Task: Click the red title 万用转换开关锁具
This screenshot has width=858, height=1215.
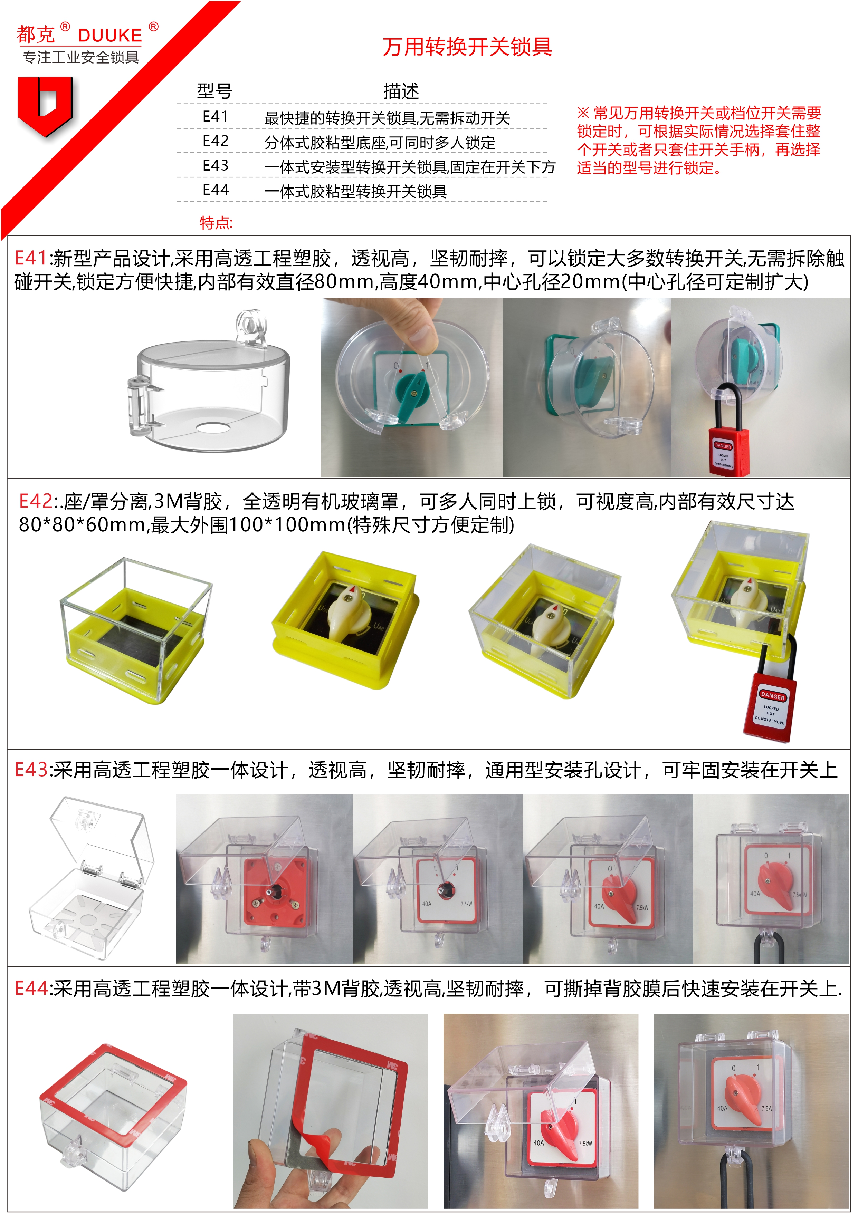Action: point(467,47)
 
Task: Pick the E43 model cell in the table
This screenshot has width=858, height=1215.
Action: point(216,166)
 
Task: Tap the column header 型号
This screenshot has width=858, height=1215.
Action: point(214,91)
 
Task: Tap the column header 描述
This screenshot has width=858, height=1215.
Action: point(401,91)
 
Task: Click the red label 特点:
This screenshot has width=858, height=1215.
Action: point(216,223)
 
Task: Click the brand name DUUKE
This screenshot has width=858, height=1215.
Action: point(110,36)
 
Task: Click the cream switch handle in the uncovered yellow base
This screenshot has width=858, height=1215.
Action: point(344,611)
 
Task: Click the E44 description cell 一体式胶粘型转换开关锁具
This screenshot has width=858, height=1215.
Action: point(356,191)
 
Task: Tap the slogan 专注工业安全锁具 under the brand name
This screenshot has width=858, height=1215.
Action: point(80,57)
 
